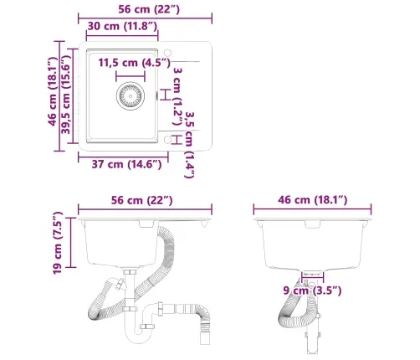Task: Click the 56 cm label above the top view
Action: [x=144, y=8]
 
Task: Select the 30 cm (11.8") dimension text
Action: [x=122, y=27]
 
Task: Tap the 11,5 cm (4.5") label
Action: [x=130, y=63]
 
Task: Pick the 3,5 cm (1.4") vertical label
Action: [x=189, y=146]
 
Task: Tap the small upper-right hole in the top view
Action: [x=167, y=56]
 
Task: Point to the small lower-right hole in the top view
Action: [x=167, y=139]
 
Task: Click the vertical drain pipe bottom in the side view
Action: [x=313, y=342]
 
